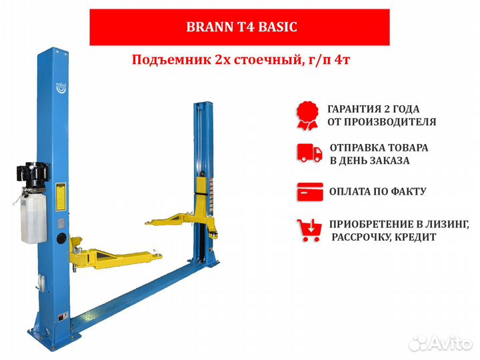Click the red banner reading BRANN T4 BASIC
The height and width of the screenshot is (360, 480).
tap(239, 27)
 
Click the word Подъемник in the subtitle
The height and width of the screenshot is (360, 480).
tap(162, 61)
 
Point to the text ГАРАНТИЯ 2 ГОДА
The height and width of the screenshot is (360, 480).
tap(373, 109)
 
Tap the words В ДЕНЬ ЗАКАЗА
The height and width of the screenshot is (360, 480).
tap(370, 161)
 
